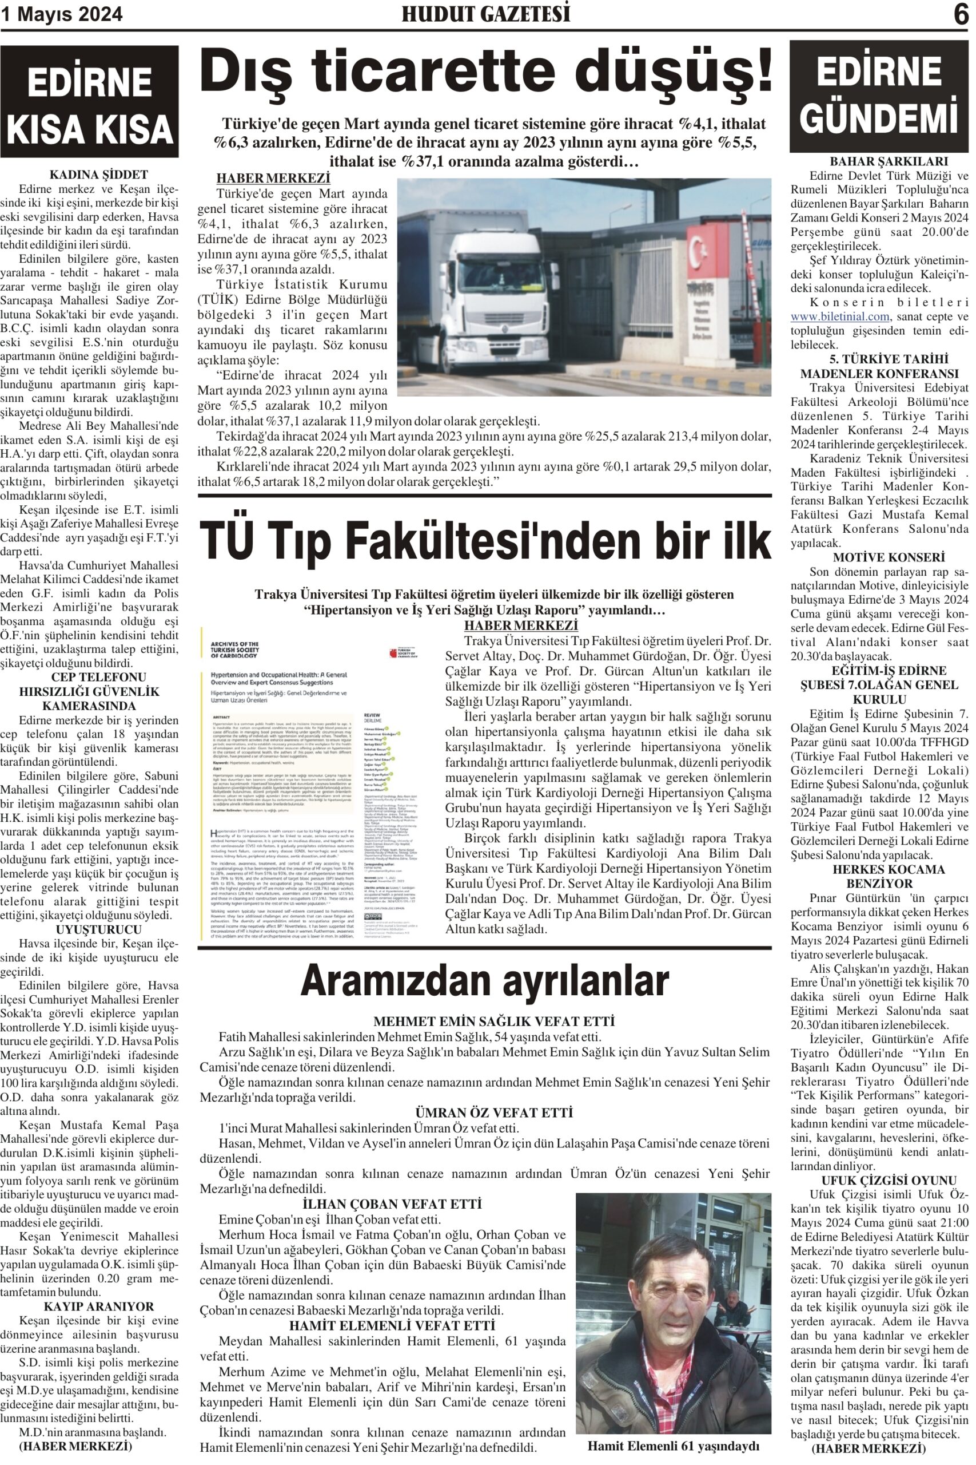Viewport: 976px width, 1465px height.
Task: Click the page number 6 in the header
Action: click(x=961, y=14)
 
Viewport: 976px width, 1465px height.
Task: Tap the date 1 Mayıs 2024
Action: click(x=62, y=14)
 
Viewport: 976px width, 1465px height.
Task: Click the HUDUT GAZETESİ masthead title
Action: click(x=485, y=14)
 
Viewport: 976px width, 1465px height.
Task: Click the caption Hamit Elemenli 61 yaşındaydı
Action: click(x=674, y=1445)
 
